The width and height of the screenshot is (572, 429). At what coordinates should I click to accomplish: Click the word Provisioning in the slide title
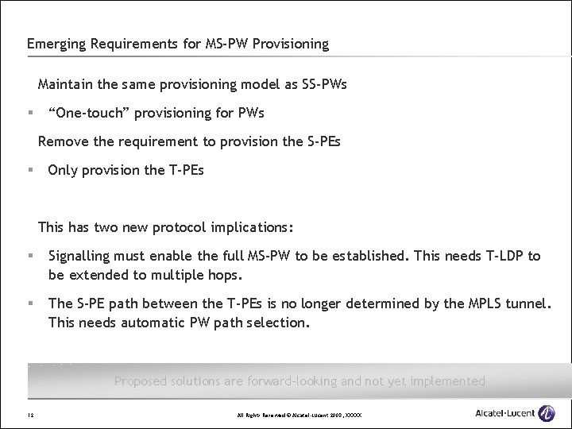[x=288, y=44]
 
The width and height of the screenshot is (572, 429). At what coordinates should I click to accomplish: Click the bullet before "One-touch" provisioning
[x=29, y=113]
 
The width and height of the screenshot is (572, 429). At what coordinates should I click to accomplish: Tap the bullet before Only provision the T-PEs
[x=29, y=170]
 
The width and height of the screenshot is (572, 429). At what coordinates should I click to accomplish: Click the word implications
[x=251, y=227]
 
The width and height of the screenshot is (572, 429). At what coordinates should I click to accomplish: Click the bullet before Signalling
[x=29, y=256]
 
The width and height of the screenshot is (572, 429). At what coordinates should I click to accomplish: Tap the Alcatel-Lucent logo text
[x=504, y=414]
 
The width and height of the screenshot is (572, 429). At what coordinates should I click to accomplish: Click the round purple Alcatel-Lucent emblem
[x=546, y=413]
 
